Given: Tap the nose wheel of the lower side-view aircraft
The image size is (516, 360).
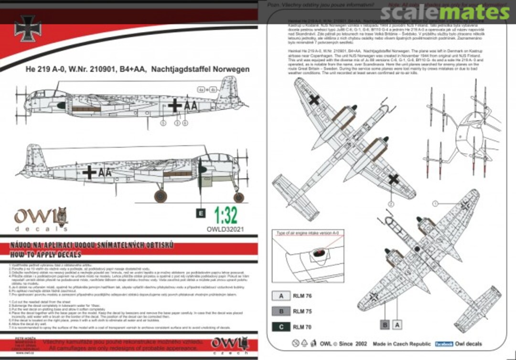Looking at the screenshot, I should (238, 197).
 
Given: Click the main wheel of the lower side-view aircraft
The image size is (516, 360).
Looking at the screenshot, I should (161, 196).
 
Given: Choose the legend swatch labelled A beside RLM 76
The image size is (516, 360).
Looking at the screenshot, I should (281, 296).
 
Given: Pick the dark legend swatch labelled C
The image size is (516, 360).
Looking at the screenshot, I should (281, 327).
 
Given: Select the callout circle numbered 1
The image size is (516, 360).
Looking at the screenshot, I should (435, 204).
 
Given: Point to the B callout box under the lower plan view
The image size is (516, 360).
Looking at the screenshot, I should (385, 325).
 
